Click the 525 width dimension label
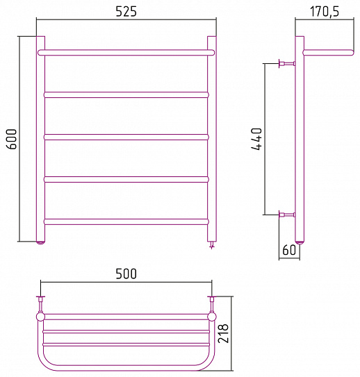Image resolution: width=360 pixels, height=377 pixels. tap(126, 11)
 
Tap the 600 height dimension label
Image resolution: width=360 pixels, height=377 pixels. tap(13, 140)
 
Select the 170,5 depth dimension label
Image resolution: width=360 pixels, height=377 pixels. tap(325, 12)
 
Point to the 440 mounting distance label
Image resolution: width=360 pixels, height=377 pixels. tap(256, 140)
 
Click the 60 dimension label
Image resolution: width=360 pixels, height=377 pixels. tap(289, 250)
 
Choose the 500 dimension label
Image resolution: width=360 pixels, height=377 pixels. tap(126, 274)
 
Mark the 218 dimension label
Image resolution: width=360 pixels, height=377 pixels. tap(223, 333)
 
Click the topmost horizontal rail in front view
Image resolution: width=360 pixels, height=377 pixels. tap(126, 52)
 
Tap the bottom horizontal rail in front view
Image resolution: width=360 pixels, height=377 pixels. tap(126, 221)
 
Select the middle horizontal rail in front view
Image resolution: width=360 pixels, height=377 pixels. tap(126, 137)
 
